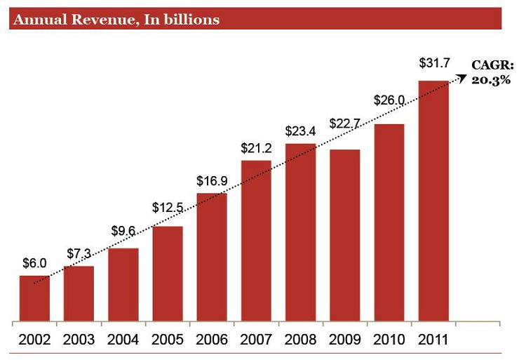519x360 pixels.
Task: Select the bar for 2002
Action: click(x=34, y=299)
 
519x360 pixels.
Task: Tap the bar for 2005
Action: click(x=168, y=274)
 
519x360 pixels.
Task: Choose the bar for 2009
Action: click(x=344, y=236)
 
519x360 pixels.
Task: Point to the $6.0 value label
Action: click(x=34, y=264)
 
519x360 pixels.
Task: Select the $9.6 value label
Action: click(x=124, y=231)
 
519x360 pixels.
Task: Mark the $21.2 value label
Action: click(x=256, y=148)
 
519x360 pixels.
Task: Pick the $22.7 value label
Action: click(x=344, y=124)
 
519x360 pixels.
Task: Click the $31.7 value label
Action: click(x=434, y=64)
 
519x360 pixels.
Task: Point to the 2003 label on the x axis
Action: click(x=79, y=340)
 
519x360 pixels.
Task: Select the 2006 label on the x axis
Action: click(x=212, y=340)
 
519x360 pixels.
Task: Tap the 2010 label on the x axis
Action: click(x=389, y=340)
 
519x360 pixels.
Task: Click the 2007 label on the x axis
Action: click(x=256, y=340)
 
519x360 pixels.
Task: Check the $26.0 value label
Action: click(x=389, y=100)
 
